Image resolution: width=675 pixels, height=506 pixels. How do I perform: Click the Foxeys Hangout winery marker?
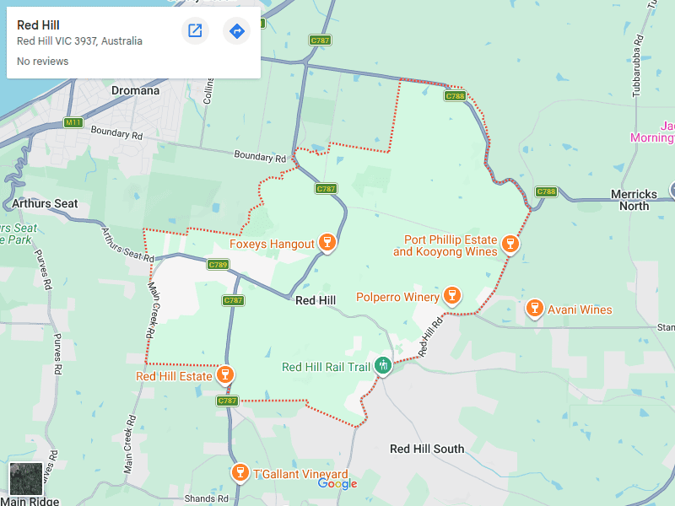click(327, 244)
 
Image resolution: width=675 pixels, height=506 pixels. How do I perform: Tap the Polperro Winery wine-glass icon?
click(452, 295)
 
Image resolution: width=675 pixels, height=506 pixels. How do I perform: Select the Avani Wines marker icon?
click(534, 309)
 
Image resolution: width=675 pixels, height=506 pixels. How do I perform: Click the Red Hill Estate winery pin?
click(224, 374)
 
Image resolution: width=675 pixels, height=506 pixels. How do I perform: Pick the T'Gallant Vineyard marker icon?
click(240, 472)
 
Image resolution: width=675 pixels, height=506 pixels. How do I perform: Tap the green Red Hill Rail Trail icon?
click(383, 365)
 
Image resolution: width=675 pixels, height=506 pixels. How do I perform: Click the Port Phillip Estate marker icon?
click(509, 244)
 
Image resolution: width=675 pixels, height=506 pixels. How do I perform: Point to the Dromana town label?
click(135, 90)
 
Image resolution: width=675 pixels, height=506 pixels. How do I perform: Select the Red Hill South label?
click(427, 449)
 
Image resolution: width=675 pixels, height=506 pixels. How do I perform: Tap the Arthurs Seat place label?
click(45, 203)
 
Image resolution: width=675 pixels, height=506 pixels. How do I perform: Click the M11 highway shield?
click(74, 123)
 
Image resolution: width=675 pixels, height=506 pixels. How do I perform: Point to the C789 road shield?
click(218, 265)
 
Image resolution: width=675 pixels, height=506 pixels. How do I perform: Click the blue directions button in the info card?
click(236, 31)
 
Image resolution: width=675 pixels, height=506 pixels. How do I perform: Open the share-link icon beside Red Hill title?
click(195, 31)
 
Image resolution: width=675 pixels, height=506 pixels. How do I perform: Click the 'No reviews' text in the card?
click(42, 62)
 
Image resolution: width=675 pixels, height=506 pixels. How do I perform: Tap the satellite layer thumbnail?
click(25, 479)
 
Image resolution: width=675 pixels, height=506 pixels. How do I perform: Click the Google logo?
click(337, 483)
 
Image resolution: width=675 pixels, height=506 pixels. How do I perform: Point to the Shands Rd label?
click(206, 498)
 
